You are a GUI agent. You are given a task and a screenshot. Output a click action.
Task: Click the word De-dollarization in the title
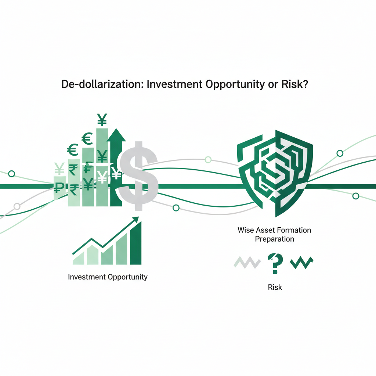coord(102,84)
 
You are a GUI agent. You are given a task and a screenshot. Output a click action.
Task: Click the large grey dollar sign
coord(139,176)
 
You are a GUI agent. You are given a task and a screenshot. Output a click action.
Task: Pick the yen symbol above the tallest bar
coord(102,120)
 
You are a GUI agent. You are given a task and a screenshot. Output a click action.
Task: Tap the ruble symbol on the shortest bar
coord(59,187)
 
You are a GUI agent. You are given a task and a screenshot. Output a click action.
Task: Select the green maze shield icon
coord(275,173)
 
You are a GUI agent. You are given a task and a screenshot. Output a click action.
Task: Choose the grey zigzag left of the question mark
coord(247,262)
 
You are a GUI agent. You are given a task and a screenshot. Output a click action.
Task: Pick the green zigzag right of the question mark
coord(302,263)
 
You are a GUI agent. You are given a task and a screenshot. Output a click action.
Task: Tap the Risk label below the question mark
coord(275,287)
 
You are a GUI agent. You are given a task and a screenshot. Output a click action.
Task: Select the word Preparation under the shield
coord(275,239)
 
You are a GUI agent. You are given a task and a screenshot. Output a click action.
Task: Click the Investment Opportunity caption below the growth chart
coord(108,277)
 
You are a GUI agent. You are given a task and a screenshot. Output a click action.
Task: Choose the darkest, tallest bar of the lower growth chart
coord(136,243)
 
